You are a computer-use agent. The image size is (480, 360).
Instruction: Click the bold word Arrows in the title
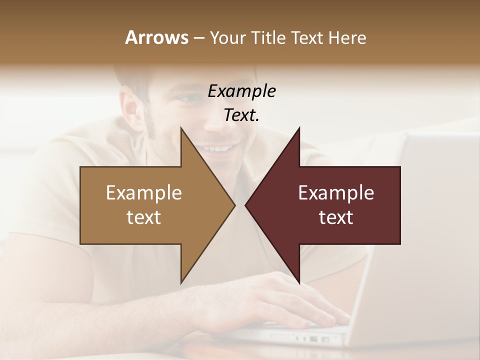click(x=156, y=37)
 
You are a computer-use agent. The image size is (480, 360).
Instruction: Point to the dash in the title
click(x=199, y=38)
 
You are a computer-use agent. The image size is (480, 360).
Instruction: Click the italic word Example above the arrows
click(x=242, y=91)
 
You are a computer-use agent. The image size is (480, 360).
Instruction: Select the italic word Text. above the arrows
click(x=242, y=115)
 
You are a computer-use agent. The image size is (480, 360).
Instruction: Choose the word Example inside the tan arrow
click(x=144, y=193)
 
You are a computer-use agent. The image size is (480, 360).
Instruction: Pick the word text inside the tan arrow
click(x=144, y=217)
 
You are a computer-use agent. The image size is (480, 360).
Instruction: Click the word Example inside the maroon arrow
click(x=336, y=193)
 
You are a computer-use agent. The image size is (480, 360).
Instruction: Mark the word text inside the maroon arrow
click(x=336, y=217)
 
